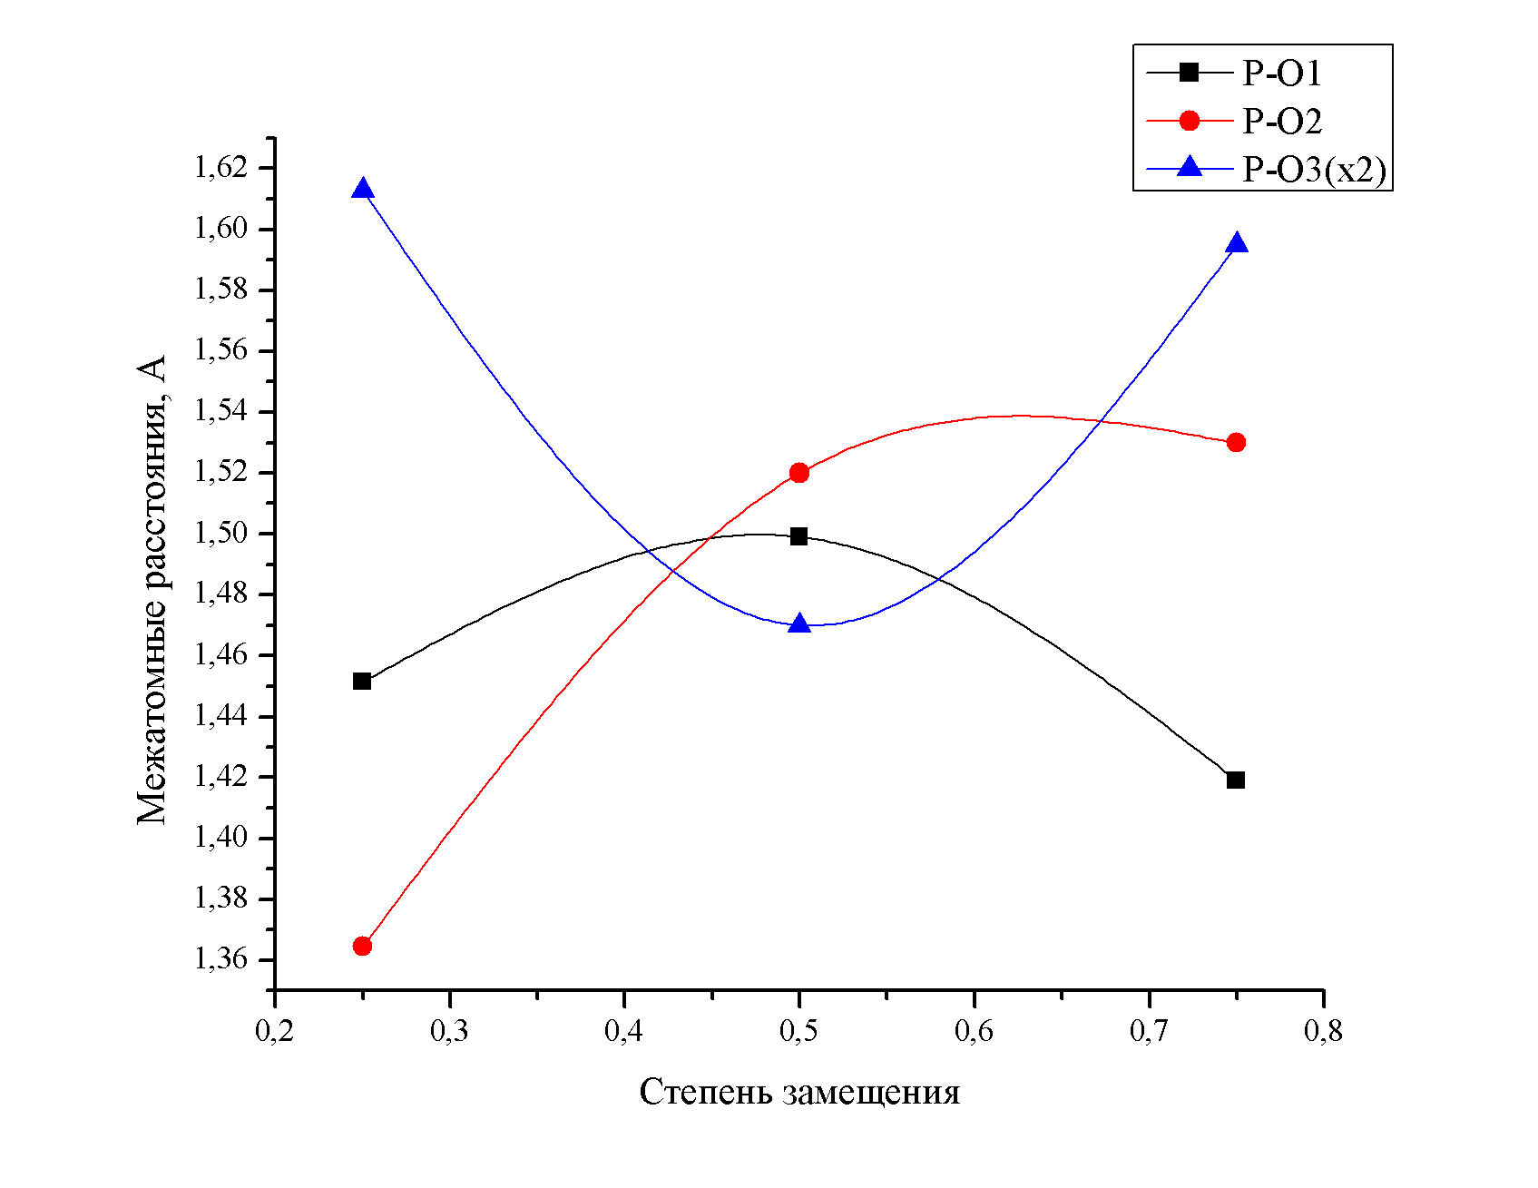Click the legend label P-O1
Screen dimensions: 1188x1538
tap(1281, 74)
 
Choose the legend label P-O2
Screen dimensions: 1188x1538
tap(1281, 122)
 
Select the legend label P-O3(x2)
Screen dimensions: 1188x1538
tap(1314, 170)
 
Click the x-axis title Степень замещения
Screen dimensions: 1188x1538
tap(799, 1092)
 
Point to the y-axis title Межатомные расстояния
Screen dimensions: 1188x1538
tap(152, 590)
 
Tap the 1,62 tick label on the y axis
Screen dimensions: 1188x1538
tap(221, 168)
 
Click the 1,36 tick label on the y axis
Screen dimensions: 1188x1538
tap(221, 959)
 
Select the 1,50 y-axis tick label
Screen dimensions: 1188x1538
tap(221, 534)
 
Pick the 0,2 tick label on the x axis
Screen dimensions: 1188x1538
tap(274, 1032)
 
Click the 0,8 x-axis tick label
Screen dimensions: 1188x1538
tap(1323, 1032)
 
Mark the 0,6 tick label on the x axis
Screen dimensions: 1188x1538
tap(974, 1032)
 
